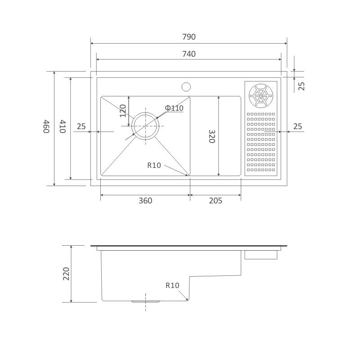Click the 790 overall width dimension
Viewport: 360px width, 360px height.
point(189,37)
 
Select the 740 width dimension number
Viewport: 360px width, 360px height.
point(189,54)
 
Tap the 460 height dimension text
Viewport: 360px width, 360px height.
point(46,126)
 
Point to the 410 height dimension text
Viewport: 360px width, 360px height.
point(63,126)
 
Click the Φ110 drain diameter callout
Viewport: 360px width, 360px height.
point(174,108)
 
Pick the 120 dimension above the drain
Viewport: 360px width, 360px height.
point(123,111)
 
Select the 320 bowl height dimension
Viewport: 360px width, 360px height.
point(211,136)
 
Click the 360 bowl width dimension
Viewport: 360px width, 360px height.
point(145,201)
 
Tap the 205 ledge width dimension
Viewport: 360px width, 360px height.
point(216,201)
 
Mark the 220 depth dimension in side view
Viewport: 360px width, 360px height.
point(66,274)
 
